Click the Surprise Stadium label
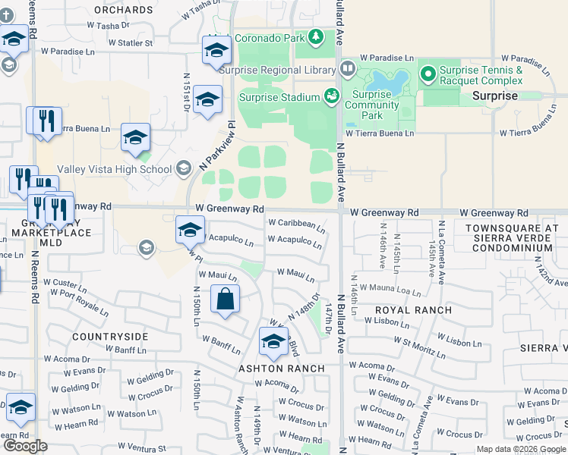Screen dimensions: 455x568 [279, 97]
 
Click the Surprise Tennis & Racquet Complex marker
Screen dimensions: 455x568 [428, 75]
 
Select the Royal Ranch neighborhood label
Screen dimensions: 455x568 [414, 310]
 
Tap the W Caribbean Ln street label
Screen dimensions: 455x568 [296, 224]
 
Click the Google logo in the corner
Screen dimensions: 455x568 [25, 446]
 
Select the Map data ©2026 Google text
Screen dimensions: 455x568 [521, 449]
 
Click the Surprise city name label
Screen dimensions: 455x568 [494, 96]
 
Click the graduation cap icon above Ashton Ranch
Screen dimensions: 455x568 [273, 342]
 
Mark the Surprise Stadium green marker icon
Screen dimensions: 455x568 [332, 96]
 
